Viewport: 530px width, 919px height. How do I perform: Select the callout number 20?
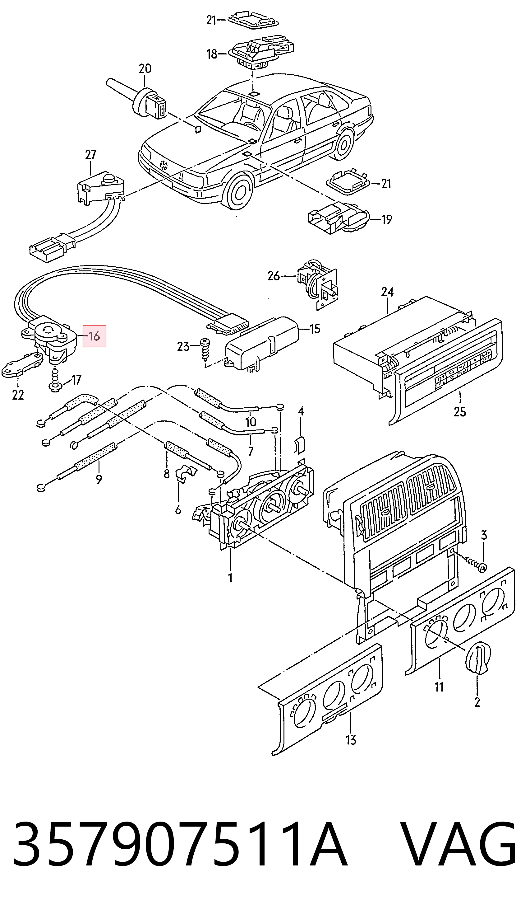[x=145, y=68]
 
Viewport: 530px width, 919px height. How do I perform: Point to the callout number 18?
[x=212, y=54]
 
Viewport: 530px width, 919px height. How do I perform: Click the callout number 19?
[x=387, y=219]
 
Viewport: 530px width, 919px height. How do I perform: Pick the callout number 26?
[x=274, y=276]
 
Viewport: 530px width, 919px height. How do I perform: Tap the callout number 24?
[x=387, y=292]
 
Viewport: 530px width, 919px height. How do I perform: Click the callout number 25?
[x=460, y=412]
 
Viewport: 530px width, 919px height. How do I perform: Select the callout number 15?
[x=315, y=329]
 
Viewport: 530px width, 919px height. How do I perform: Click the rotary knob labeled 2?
[x=478, y=659]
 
